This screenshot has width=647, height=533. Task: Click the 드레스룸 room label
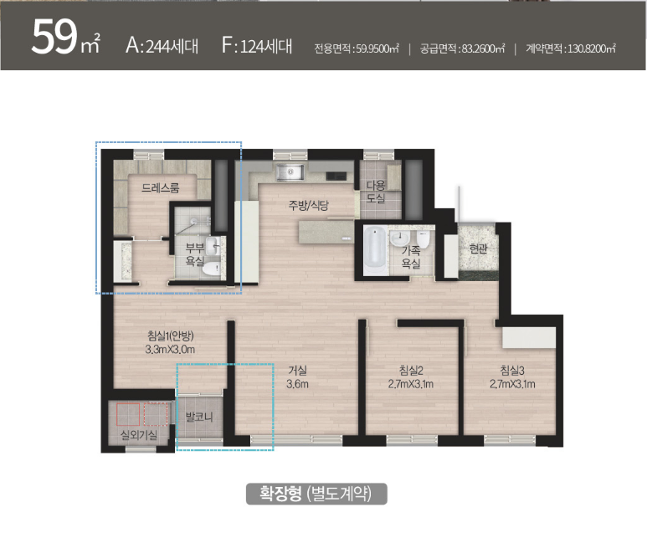[x=161, y=188]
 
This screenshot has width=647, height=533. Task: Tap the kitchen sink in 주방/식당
[x=290, y=172]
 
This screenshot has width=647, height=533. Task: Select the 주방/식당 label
[x=308, y=205]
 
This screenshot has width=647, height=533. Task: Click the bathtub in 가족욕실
[x=375, y=250]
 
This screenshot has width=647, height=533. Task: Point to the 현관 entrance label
[x=478, y=249]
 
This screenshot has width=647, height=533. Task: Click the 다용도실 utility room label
[x=376, y=192]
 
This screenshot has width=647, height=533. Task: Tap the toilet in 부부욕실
[x=212, y=269]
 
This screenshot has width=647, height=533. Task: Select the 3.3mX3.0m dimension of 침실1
[x=170, y=350]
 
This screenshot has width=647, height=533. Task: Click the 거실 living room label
[x=297, y=371]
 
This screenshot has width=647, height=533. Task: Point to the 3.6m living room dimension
[x=297, y=384]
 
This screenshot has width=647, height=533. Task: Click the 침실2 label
[x=411, y=371]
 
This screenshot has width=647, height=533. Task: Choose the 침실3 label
[x=512, y=371]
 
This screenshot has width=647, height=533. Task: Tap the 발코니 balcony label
[x=199, y=417]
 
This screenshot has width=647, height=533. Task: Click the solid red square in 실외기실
[x=128, y=414]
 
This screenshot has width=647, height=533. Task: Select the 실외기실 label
[x=139, y=435]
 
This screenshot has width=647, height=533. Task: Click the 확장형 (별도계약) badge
[x=316, y=494]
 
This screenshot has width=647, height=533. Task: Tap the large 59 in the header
[x=54, y=37]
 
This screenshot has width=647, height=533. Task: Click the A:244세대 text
[x=162, y=45]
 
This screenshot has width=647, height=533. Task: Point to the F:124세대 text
[x=257, y=45]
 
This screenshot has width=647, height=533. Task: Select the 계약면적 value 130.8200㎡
[x=592, y=49]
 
